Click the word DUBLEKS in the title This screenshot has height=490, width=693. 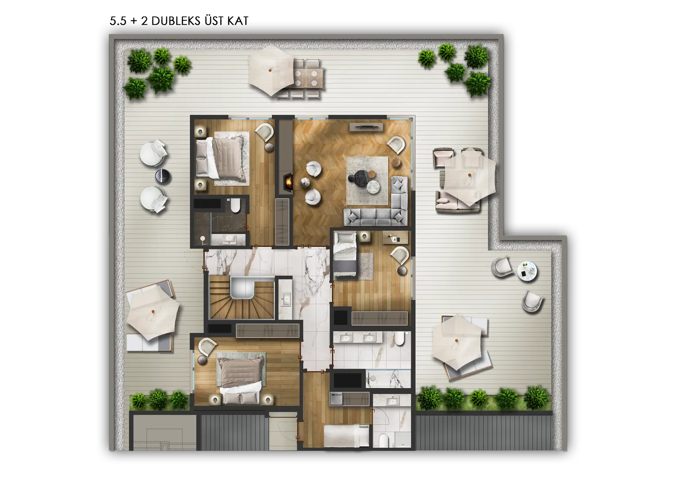[x=176, y=21]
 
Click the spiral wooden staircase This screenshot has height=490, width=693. [x=242, y=298]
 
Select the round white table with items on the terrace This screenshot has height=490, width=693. [x=527, y=271]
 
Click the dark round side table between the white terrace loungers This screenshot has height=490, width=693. [x=163, y=176]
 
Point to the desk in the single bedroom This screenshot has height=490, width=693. [x=395, y=238]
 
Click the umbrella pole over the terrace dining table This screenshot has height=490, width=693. [x=270, y=71]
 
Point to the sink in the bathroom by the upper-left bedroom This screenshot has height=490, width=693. [x=230, y=240]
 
